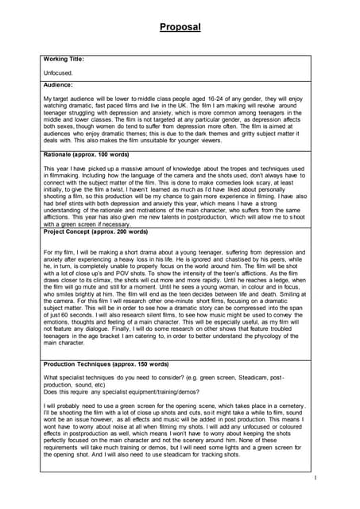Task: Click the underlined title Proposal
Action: pos(180,27)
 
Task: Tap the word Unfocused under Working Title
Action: pos(58,72)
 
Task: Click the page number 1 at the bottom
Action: pos(315,478)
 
